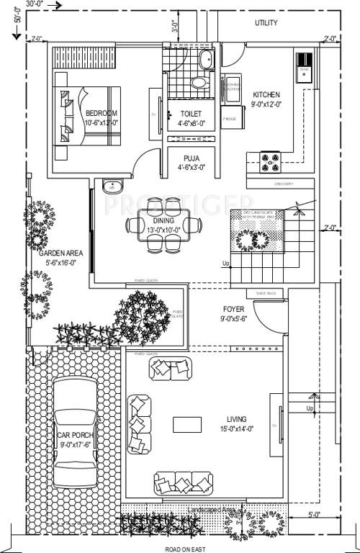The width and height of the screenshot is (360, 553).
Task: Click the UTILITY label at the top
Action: pyautogui.click(x=266, y=23)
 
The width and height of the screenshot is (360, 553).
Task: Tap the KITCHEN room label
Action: pyautogui.click(x=266, y=95)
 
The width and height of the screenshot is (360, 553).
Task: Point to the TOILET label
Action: pyautogui.click(x=192, y=114)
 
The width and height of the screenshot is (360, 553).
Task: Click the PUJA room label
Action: pyautogui.click(x=192, y=158)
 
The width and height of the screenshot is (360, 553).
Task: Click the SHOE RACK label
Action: pyautogui.click(x=257, y=294)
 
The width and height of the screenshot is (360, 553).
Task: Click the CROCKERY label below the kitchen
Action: pyautogui.click(x=283, y=184)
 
